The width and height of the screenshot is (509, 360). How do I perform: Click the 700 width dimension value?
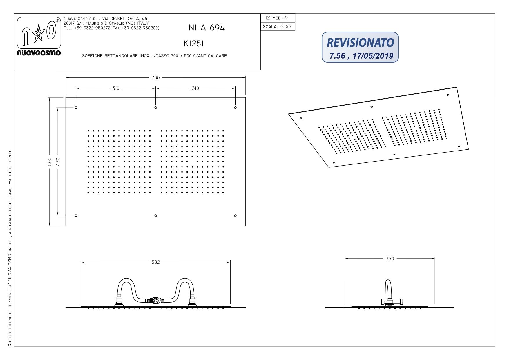[155, 78]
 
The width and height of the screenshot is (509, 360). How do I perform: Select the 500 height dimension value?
[50, 162]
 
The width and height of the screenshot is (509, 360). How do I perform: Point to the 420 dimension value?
[58, 162]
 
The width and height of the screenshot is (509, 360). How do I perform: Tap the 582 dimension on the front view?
[155, 262]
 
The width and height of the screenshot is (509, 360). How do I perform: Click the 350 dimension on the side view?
[390, 259]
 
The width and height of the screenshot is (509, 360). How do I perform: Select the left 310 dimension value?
[116, 88]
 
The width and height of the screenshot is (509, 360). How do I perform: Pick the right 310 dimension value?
[195, 88]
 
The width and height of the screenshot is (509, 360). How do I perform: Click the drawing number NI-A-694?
[207, 28]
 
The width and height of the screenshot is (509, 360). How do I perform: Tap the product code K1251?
[194, 44]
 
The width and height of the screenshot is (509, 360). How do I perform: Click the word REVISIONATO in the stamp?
[360, 43]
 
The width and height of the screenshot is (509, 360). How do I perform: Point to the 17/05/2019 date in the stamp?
[373, 56]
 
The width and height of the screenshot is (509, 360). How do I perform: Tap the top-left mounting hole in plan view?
[76, 108]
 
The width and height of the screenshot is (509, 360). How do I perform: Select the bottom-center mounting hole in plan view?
[156, 216]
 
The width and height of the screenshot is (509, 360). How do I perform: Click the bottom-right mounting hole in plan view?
[235, 216]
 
